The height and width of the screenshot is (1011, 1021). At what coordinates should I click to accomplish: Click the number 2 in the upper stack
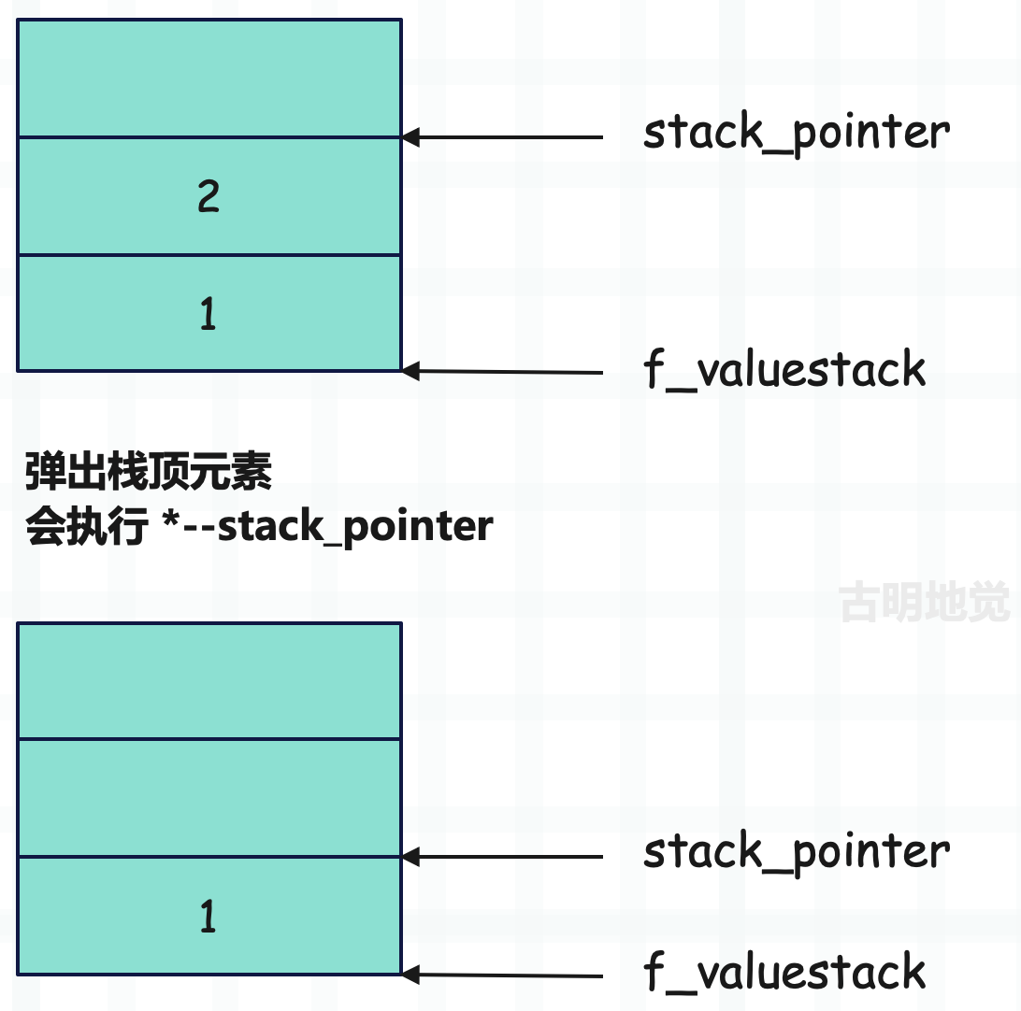[x=209, y=196]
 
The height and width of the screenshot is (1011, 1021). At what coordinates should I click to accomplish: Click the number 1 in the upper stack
[x=208, y=313]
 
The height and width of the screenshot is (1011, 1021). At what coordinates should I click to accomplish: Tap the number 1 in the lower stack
[x=208, y=916]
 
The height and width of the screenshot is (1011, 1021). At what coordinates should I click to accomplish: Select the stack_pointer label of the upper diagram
[x=797, y=134]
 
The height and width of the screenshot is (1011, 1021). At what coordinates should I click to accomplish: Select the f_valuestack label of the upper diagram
[x=784, y=369]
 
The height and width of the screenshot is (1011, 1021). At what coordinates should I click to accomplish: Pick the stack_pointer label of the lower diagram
[x=797, y=853]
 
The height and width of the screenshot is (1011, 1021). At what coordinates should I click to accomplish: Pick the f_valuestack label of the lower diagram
[x=784, y=972]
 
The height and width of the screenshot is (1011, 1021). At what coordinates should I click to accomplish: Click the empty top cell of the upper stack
[x=209, y=78]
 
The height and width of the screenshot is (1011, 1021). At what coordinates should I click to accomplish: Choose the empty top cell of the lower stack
[x=209, y=681]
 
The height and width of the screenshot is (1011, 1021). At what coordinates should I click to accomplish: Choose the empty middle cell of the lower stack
[x=209, y=798]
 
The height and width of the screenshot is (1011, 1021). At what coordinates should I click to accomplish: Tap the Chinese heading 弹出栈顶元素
[x=149, y=471]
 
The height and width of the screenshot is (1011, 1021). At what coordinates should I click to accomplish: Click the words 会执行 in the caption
[x=87, y=526]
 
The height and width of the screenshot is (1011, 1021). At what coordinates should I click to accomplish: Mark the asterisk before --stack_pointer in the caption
[x=171, y=520]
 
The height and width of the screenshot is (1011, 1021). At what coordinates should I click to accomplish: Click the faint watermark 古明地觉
[x=925, y=601]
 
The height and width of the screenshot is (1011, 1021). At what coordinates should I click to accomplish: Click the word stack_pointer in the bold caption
[x=355, y=526]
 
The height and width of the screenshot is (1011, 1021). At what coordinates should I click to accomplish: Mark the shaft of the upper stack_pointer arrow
[x=511, y=137]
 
